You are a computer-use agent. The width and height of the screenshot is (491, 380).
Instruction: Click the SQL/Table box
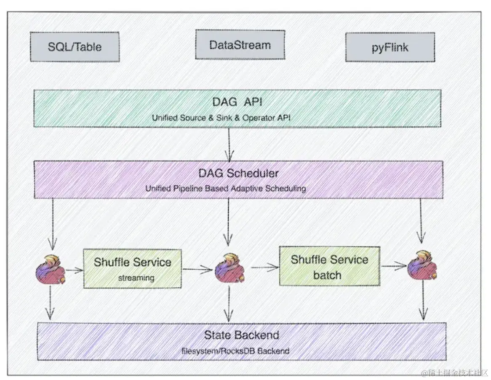75,47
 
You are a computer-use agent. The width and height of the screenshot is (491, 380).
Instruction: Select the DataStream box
240,45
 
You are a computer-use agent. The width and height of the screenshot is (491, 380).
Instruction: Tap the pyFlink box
390,47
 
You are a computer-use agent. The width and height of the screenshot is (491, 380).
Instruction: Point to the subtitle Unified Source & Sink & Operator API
221,118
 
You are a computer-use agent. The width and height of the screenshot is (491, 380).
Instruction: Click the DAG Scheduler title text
238,173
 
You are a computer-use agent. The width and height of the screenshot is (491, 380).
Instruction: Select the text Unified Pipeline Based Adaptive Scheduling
226,188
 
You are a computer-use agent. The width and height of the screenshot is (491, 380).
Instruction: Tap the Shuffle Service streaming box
132,268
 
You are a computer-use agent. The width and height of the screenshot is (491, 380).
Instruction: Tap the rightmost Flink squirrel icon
422,266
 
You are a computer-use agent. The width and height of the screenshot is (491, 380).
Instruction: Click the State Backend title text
241,335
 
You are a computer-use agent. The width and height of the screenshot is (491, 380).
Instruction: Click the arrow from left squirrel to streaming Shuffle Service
74,270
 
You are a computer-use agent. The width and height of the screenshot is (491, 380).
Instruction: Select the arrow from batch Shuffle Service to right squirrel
393,265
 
